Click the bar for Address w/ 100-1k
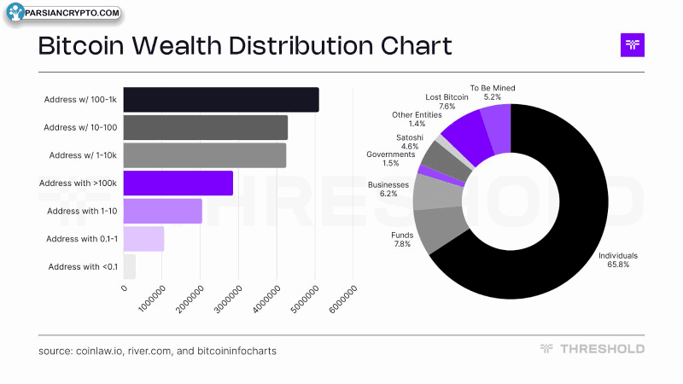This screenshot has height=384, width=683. click(221, 99)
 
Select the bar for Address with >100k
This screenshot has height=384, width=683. click(178, 183)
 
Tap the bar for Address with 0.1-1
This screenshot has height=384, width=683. click(143, 239)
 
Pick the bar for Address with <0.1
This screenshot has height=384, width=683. click(130, 266)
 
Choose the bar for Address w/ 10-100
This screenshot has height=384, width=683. click(206, 127)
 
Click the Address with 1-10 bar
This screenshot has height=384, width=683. click(163, 211)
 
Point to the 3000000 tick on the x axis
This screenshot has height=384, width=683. click(228, 300)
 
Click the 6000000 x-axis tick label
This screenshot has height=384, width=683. click(343, 300)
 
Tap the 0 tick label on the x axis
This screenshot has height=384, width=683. click(124, 288)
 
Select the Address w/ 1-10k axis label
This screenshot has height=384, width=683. click(83, 155)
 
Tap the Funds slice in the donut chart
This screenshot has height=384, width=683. click(440, 229)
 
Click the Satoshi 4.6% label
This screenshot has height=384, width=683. click(410, 142)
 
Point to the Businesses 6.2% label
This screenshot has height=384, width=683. click(388, 189)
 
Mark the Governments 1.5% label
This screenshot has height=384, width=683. click(391, 159)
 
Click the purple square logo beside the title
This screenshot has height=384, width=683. click(633, 45)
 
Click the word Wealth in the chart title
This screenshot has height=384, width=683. click(177, 45)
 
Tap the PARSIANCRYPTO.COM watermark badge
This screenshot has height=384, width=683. click(64, 13)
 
